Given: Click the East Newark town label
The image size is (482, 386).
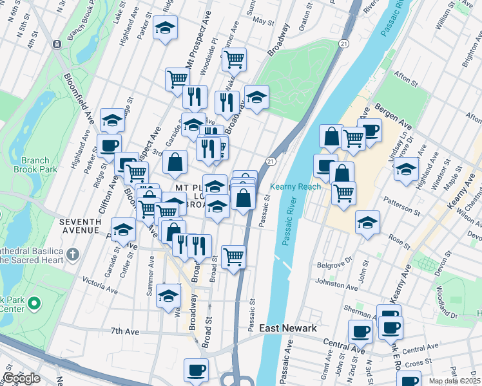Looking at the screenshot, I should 288,329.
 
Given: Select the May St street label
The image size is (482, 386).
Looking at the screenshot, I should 263,21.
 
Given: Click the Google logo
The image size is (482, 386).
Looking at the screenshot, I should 21,379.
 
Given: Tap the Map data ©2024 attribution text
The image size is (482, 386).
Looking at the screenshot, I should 455,381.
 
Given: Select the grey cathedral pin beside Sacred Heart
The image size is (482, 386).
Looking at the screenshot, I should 72,255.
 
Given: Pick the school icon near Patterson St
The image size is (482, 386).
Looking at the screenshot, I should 368,223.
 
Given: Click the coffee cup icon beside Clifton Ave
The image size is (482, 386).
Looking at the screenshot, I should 109,145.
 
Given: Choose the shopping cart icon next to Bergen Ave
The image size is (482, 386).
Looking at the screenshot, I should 353,136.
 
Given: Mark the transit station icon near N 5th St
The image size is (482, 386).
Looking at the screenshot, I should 57,44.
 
